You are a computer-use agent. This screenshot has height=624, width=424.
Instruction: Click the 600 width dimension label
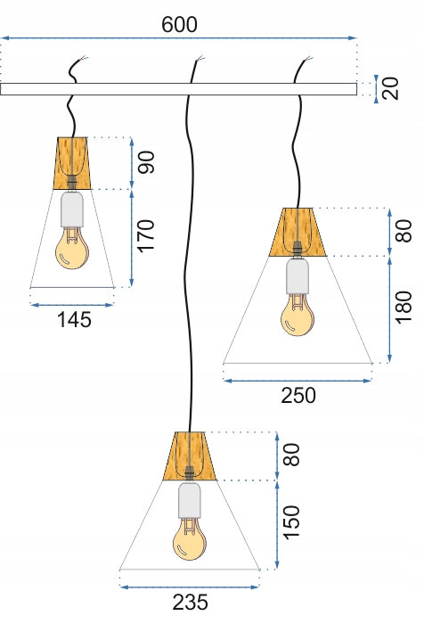pos(179,25)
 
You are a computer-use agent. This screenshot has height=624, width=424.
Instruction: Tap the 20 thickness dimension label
pos(391,88)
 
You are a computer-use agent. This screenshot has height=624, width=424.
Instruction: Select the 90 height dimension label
pos(146,162)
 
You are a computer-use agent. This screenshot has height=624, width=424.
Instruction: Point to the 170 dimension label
pos(146,234)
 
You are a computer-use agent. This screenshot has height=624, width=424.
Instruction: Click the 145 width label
pos(75,319)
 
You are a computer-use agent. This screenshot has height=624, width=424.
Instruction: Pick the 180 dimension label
pos(404,307)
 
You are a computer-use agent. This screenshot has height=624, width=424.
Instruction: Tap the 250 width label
pos(298,396)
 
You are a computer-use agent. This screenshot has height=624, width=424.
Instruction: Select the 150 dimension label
pos(291,522)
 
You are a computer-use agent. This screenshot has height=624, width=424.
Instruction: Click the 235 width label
pos(190,602)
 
